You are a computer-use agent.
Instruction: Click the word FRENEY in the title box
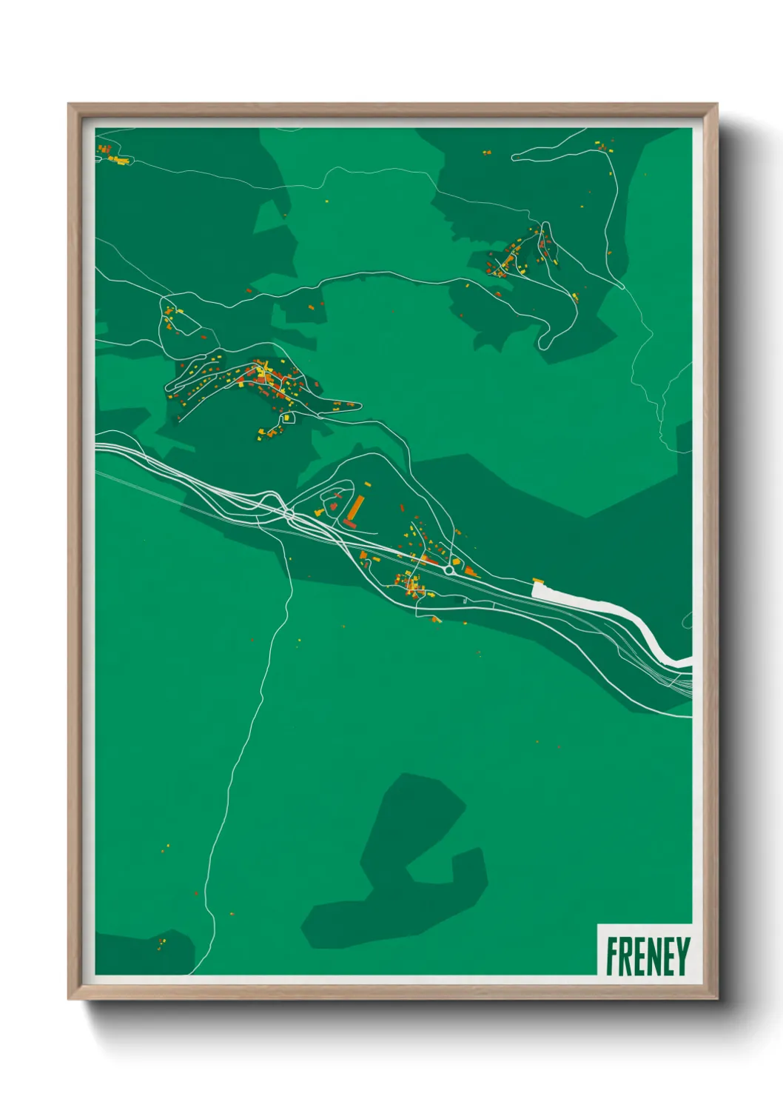[648, 956]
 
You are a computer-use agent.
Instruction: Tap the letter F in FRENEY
[613, 956]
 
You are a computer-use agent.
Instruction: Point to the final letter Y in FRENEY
[682, 956]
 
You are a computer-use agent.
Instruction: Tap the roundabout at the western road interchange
[289, 512]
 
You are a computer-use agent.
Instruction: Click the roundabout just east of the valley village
[449, 571]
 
